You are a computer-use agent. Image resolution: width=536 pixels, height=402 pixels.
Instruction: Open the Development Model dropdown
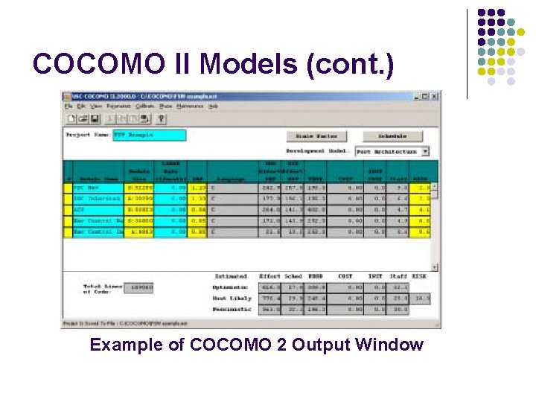(x=425, y=151)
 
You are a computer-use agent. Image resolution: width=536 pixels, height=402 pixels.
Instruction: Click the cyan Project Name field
(x=150, y=135)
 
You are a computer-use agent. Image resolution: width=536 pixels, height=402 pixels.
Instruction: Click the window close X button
(x=435, y=96)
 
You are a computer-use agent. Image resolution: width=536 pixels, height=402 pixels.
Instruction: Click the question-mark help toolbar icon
(x=161, y=118)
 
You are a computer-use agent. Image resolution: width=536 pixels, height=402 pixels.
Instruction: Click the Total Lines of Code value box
(x=140, y=287)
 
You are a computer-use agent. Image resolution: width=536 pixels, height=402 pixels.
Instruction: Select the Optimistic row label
(x=231, y=287)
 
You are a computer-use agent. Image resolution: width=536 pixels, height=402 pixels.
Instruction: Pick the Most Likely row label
(x=231, y=298)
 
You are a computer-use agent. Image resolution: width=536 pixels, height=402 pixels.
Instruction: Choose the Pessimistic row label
(x=231, y=309)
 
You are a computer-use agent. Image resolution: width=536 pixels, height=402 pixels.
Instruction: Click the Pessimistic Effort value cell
(x=269, y=309)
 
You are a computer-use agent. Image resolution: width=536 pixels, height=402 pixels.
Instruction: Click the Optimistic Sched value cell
(x=293, y=287)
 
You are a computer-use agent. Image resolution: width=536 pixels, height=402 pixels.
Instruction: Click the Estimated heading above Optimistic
(x=231, y=276)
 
